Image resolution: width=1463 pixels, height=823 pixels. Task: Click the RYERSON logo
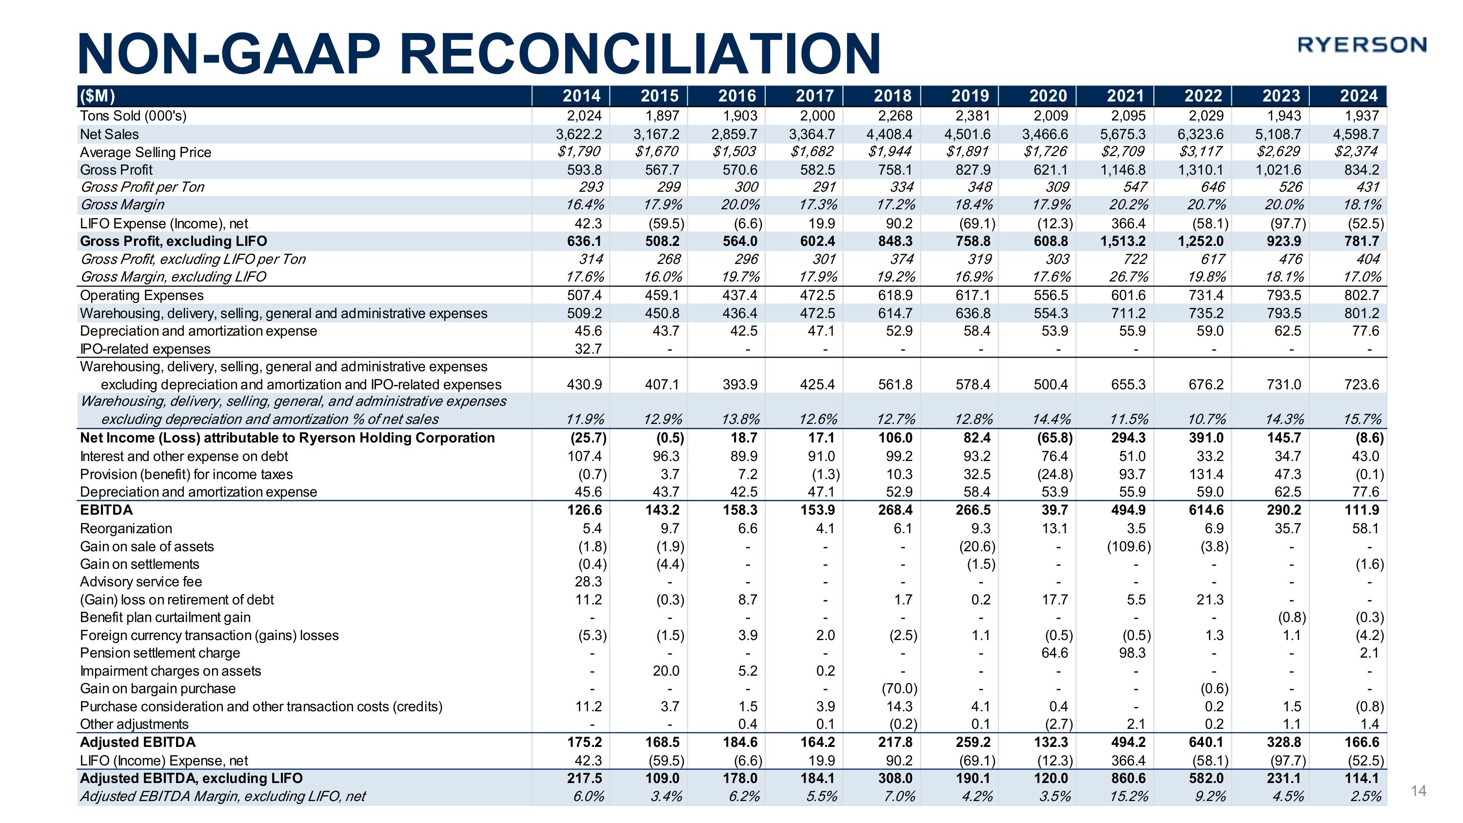point(1362,45)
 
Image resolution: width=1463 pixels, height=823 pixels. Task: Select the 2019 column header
point(970,96)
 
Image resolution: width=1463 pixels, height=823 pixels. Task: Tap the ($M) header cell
point(97,96)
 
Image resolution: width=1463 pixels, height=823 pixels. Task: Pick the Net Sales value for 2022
point(1200,134)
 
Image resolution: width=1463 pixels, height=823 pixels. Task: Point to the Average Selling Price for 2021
point(1124,152)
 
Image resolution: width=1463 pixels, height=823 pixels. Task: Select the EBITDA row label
point(106,509)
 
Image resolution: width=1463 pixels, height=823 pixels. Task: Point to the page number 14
point(1418,791)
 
